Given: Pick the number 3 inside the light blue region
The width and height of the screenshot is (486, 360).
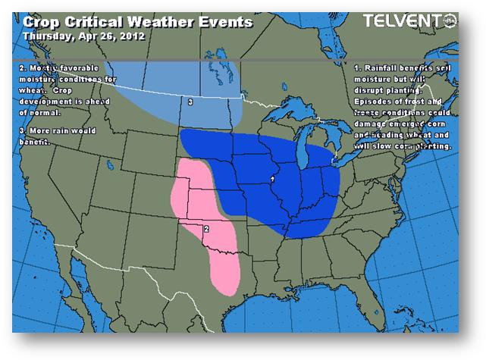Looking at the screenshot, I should [191, 102].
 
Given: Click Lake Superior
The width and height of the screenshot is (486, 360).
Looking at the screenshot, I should [296, 114].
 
